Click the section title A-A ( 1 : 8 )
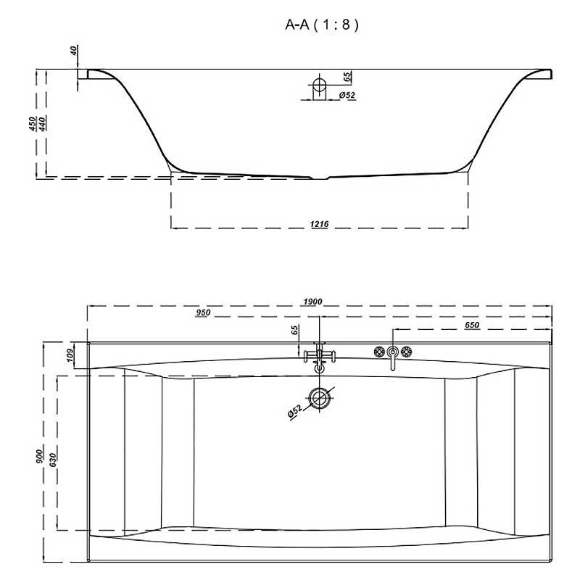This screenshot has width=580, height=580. (322, 25)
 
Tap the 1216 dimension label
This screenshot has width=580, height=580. (319, 224)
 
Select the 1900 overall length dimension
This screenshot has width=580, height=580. (312, 302)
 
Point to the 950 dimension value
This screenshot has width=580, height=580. (203, 312)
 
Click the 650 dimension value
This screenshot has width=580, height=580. (472, 325)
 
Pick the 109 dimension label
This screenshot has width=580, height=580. (71, 355)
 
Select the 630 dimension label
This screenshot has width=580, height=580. (52, 460)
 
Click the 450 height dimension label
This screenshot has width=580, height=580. (33, 123)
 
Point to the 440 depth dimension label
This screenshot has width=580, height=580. (42, 123)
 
